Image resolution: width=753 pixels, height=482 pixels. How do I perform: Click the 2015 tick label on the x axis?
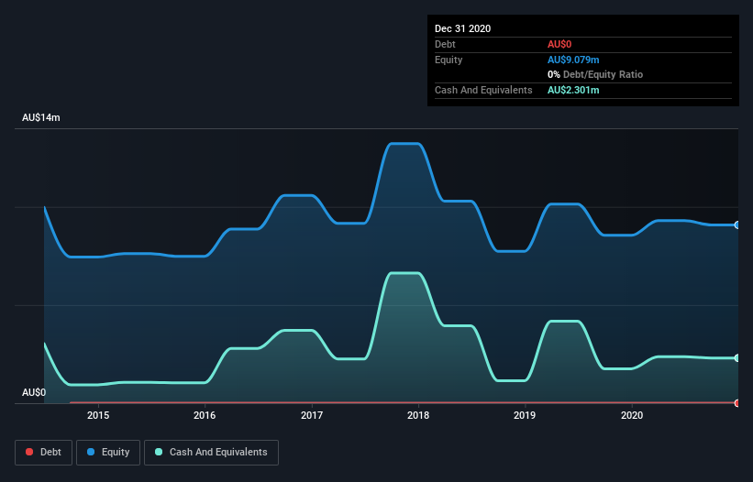click(98, 415)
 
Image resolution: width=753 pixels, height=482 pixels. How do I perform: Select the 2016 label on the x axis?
click(205, 415)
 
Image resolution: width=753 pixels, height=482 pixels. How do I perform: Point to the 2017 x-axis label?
click(312, 415)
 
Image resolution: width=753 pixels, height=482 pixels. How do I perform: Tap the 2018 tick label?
click(418, 415)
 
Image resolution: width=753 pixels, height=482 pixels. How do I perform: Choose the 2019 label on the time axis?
click(525, 415)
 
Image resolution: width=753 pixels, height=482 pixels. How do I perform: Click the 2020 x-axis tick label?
click(631, 415)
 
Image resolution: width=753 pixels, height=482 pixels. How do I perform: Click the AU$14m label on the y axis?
click(41, 118)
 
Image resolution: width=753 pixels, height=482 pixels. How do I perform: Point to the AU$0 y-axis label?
click(34, 392)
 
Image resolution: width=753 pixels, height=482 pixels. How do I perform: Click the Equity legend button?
click(108, 452)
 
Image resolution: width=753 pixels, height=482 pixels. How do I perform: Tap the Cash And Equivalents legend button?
click(211, 452)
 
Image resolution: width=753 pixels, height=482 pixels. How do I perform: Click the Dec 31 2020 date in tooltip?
click(462, 28)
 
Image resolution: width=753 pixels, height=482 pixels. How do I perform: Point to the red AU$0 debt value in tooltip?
click(560, 44)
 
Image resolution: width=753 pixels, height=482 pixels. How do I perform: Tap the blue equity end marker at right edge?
click(736, 225)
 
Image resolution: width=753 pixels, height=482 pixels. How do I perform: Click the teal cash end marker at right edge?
click(736, 358)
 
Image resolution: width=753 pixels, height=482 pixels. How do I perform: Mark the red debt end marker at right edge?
click(736, 402)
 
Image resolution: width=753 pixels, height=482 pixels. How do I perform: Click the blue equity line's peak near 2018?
click(404, 144)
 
